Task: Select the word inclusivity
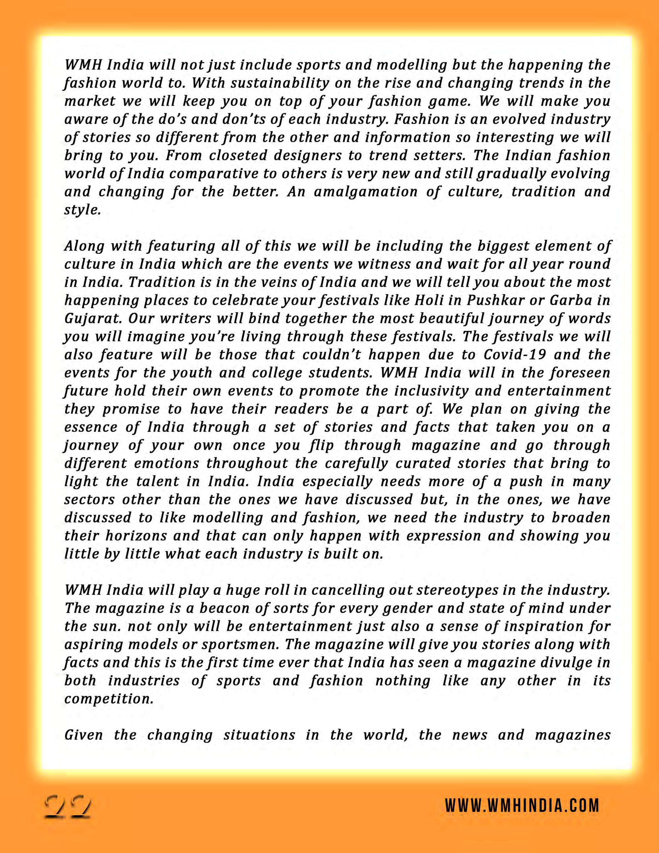(x=431, y=391)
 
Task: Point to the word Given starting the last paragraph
(x=83, y=735)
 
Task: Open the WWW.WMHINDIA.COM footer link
(x=522, y=806)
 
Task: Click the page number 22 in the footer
(x=67, y=805)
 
